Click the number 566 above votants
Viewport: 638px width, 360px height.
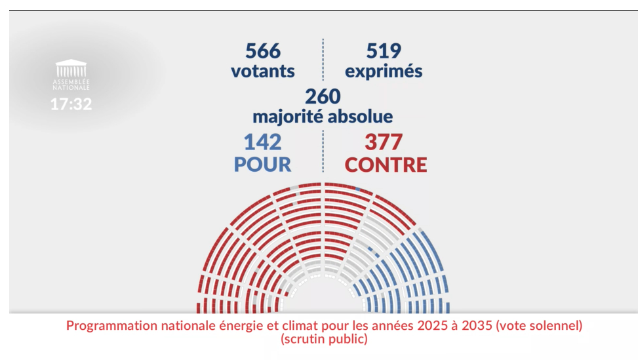tap(262, 50)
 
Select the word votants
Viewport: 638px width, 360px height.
tap(262, 71)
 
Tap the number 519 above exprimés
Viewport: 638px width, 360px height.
tap(383, 50)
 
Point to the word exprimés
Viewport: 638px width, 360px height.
tap(383, 71)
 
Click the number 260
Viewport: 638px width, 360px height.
tap(323, 96)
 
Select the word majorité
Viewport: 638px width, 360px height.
tap(289, 117)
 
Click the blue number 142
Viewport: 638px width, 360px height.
tap(262, 142)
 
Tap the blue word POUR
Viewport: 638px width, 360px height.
tap(262, 164)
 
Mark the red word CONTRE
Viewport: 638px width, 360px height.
tap(386, 164)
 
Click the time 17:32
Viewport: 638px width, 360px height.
tap(71, 104)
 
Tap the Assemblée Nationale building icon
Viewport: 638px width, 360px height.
tap(71, 68)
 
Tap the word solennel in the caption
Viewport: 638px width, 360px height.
tap(556, 326)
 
